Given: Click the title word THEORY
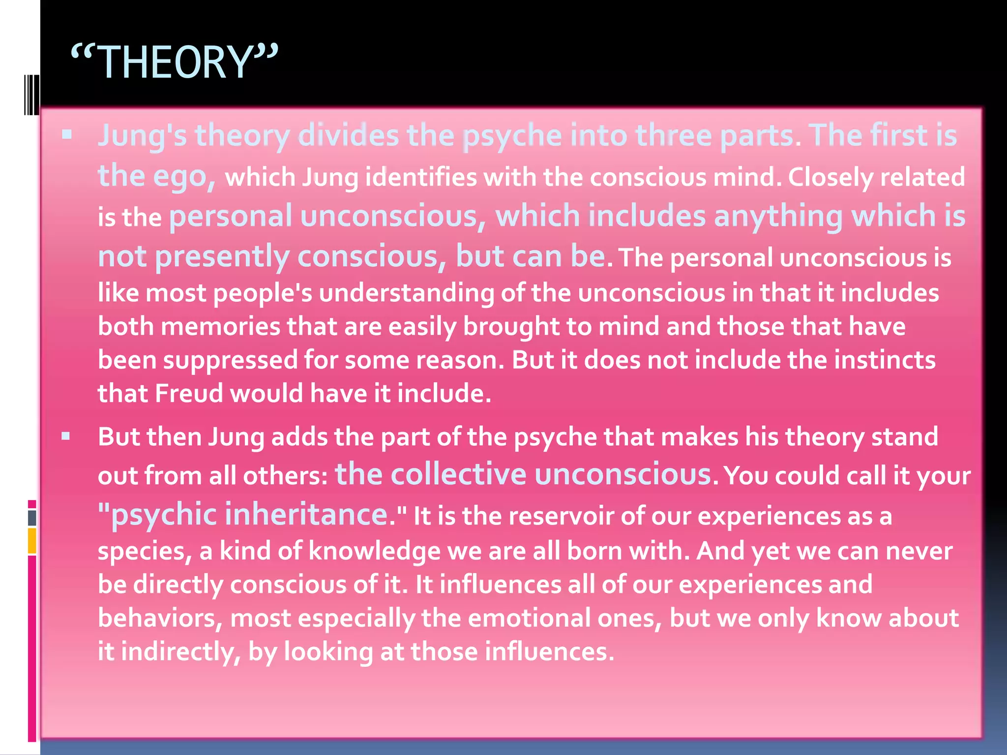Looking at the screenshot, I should (175, 62).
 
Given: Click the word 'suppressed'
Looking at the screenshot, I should (230, 360).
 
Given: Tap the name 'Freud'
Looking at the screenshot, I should (189, 393).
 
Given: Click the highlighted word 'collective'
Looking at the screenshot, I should (458, 474).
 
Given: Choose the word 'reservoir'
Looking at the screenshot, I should (561, 516).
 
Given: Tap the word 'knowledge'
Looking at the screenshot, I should (374, 551).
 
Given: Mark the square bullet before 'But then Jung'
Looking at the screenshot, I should (66, 436).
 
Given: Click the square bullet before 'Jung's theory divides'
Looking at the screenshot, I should (67, 134).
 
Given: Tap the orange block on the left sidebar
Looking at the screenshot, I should (32, 541).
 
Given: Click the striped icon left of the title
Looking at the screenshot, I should (31, 94).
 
